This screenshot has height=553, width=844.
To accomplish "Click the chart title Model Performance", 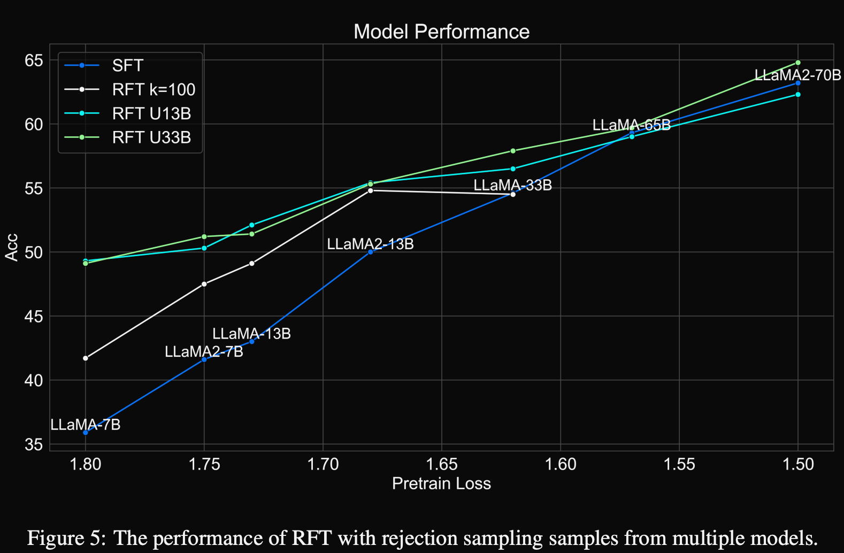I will tap(441, 32).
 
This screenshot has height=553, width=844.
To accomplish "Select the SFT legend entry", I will tap(127, 65).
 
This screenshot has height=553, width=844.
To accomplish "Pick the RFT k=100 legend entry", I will tap(154, 89).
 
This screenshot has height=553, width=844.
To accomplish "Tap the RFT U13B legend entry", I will tap(151, 113).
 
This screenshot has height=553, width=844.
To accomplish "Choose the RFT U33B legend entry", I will tap(151, 137).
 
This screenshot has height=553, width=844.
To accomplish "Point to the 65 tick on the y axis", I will tap(33, 60).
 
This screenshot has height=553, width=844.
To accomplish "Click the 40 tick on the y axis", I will tap(33, 380).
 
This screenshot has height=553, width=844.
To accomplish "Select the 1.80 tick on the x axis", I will tap(86, 464).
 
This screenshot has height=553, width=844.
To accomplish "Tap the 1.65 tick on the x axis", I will tap(442, 464).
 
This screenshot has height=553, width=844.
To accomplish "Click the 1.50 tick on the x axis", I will tap(798, 464).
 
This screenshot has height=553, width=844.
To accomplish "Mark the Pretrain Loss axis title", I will tap(441, 483).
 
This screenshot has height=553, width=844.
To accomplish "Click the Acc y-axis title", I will tap(12, 247).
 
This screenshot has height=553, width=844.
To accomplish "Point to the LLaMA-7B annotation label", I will tap(86, 425).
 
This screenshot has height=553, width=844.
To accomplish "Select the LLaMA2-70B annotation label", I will tap(797, 75).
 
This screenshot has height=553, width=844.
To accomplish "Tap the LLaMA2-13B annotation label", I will tap(370, 244).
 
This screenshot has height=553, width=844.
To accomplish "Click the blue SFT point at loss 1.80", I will tap(86, 432).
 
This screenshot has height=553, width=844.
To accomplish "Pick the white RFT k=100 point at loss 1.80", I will tap(86, 358).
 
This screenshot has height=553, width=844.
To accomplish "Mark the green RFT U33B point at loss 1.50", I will tap(798, 63).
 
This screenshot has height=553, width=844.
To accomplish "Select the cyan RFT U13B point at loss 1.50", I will tap(798, 94).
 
